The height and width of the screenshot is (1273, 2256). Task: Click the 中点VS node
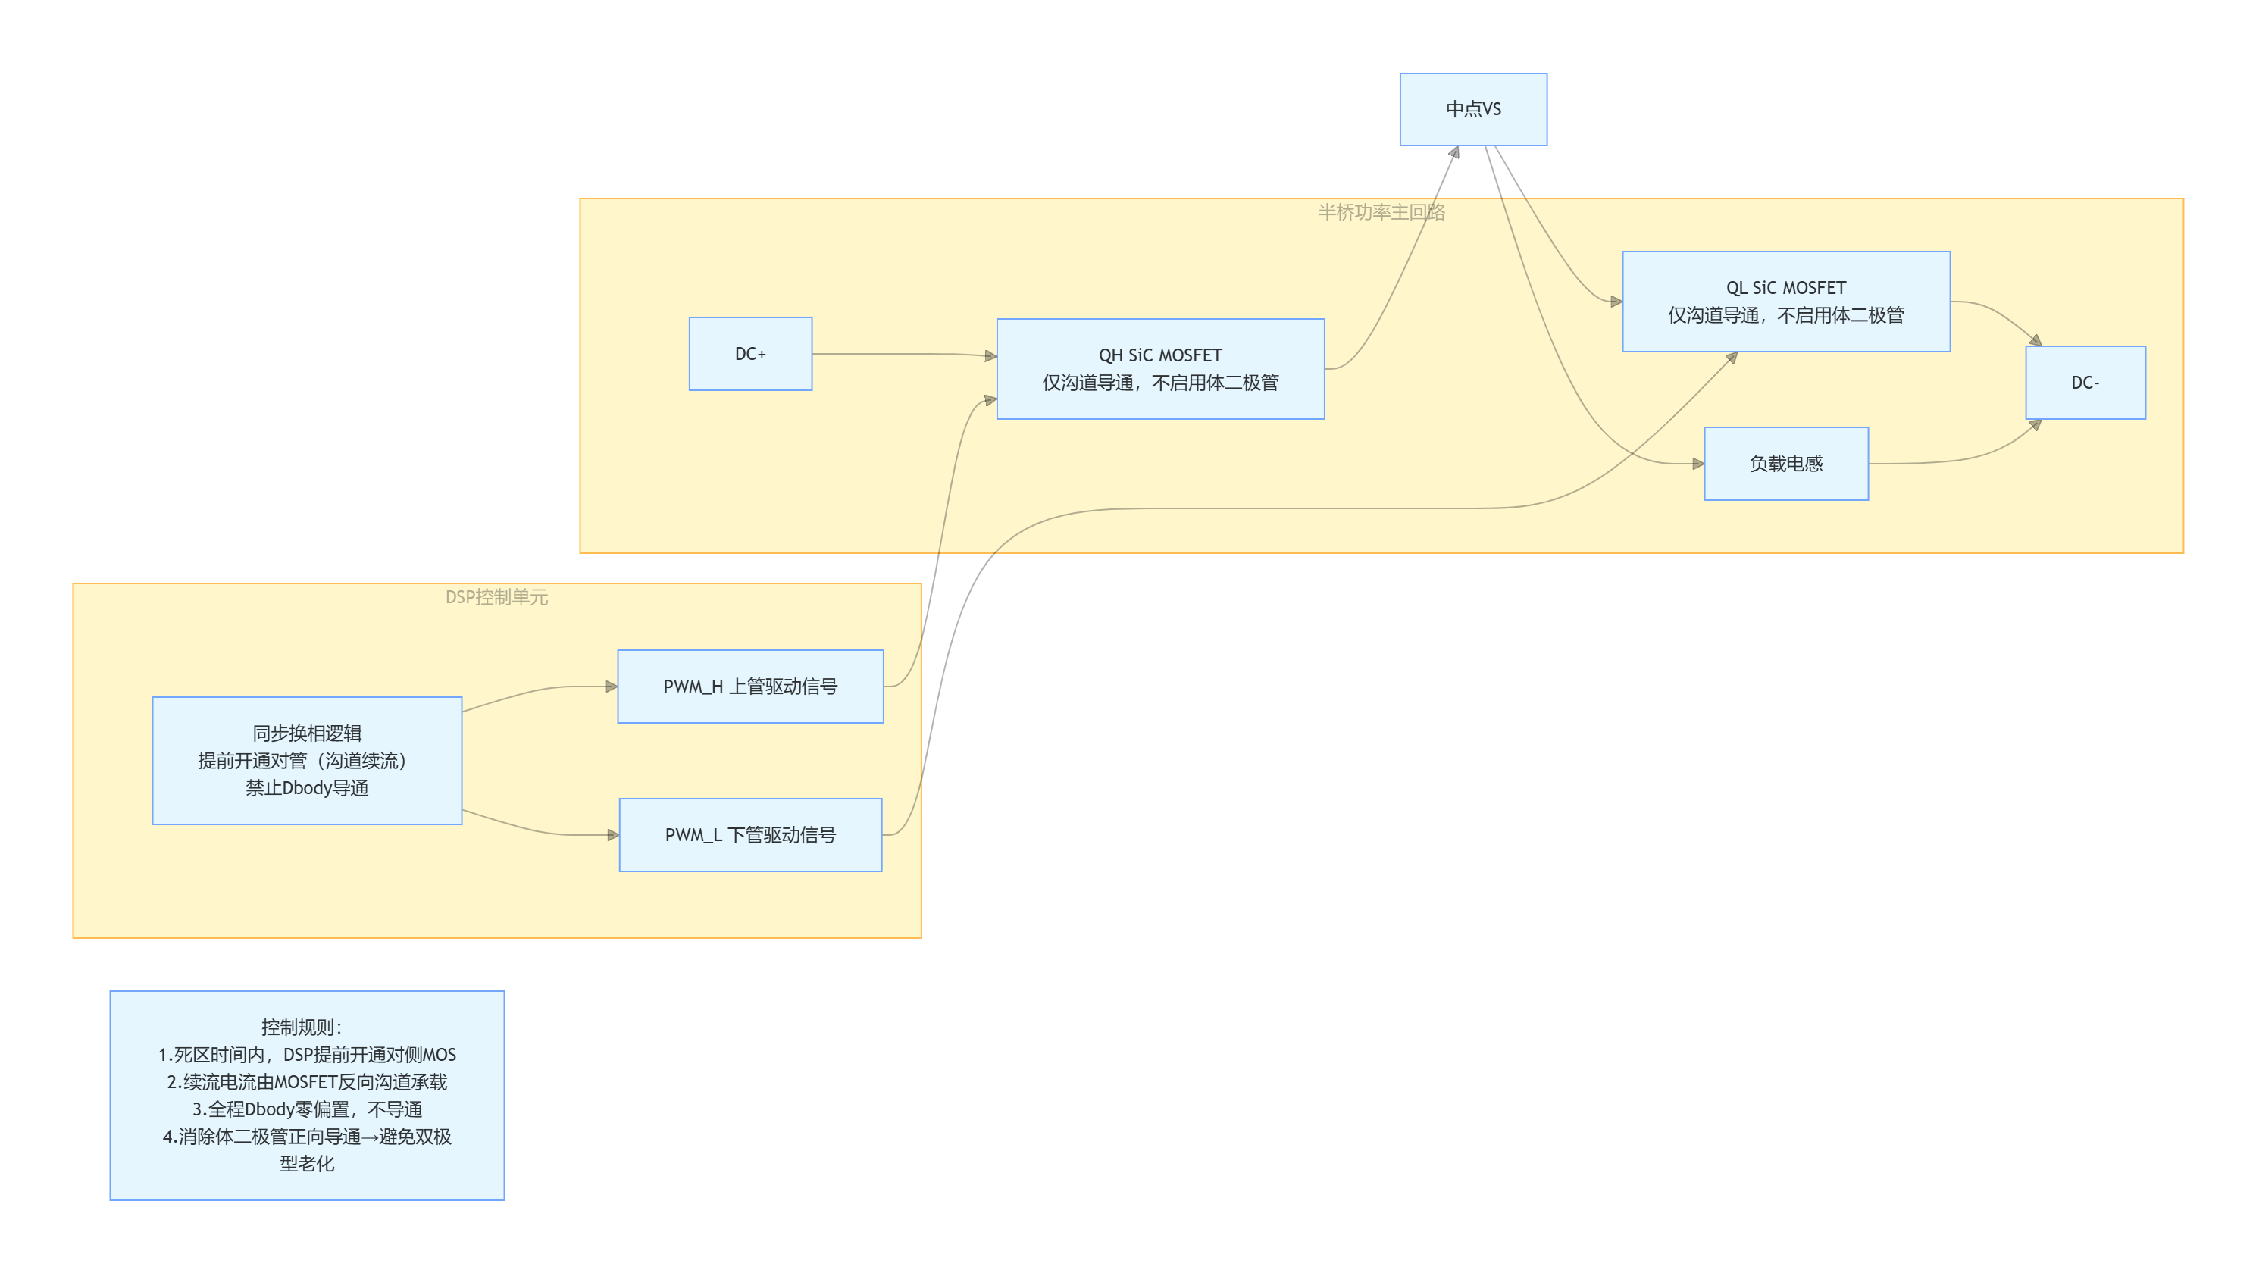[1473, 109]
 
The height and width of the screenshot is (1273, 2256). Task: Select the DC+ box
[750, 354]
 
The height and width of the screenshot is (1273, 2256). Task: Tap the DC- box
[2085, 383]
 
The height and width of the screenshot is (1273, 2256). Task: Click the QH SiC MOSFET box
[1160, 368]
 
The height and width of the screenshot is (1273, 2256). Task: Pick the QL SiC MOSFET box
[1785, 301]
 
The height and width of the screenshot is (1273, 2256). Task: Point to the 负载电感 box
[1785, 464]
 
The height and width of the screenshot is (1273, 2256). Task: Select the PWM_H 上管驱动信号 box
[750, 687]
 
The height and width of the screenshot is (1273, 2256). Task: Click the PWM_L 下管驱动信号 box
[750, 835]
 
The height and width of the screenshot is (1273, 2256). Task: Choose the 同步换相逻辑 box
[308, 761]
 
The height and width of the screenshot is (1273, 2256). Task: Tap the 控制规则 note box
[308, 1095]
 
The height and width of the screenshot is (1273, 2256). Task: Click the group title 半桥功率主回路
[1381, 212]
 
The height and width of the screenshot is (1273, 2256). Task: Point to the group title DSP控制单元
[496, 597]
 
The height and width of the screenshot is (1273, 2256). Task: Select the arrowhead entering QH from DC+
[991, 356]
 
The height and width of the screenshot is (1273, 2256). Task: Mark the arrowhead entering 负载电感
[1698, 464]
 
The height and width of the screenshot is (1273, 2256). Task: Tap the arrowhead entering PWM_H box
[612, 687]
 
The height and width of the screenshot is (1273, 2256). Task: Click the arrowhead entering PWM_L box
[614, 835]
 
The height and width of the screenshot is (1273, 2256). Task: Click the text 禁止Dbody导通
[308, 788]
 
